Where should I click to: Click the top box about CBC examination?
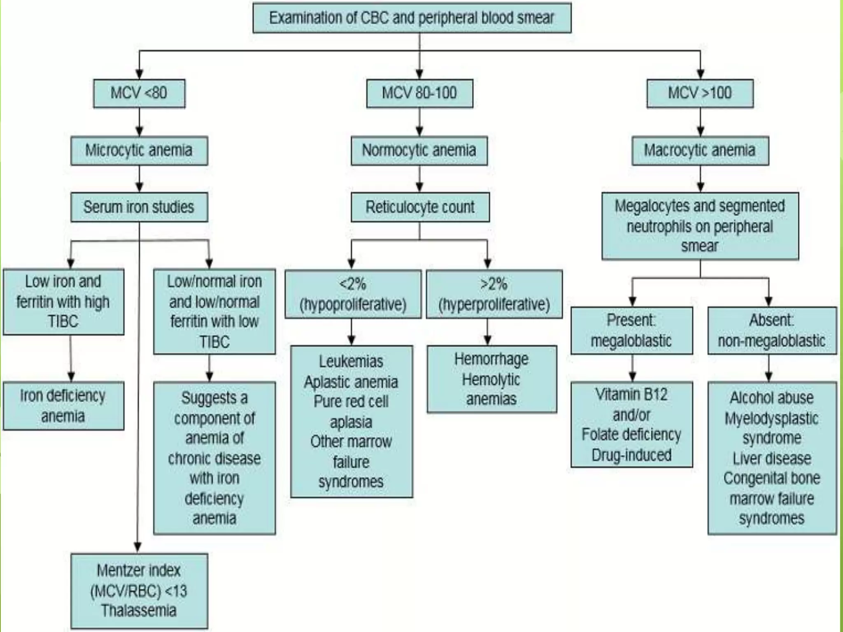point(412,18)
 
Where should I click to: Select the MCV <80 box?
point(139,93)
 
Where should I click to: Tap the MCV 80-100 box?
point(419,93)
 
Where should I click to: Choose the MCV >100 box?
point(700,93)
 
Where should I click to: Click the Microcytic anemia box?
point(139,151)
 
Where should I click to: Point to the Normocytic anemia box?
point(419,151)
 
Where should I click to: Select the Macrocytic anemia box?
point(700,151)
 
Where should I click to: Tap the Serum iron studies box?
point(139,207)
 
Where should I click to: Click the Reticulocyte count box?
point(420,207)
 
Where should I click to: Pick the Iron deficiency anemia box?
point(63,406)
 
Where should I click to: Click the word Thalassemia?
point(139,611)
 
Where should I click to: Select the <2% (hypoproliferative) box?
point(353,294)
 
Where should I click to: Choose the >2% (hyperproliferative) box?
point(494,294)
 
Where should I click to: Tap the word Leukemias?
point(351,362)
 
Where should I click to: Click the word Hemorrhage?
point(491,359)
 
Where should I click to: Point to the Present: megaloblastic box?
point(631,330)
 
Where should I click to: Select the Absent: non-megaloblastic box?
point(772,330)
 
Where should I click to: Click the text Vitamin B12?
point(631,395)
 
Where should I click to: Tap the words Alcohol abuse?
point(772,398)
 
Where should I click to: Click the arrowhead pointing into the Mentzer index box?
point(138,547)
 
